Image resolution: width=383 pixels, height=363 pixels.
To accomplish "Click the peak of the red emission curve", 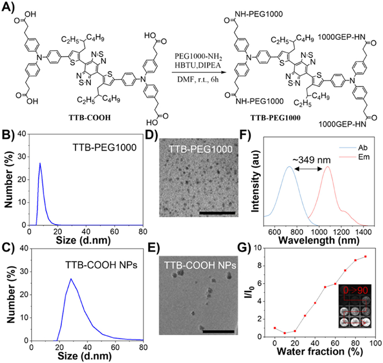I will pos(328,167).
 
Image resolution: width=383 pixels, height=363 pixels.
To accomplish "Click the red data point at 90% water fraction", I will pos(365,257).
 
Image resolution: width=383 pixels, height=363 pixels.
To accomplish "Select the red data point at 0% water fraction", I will pos(275,328).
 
